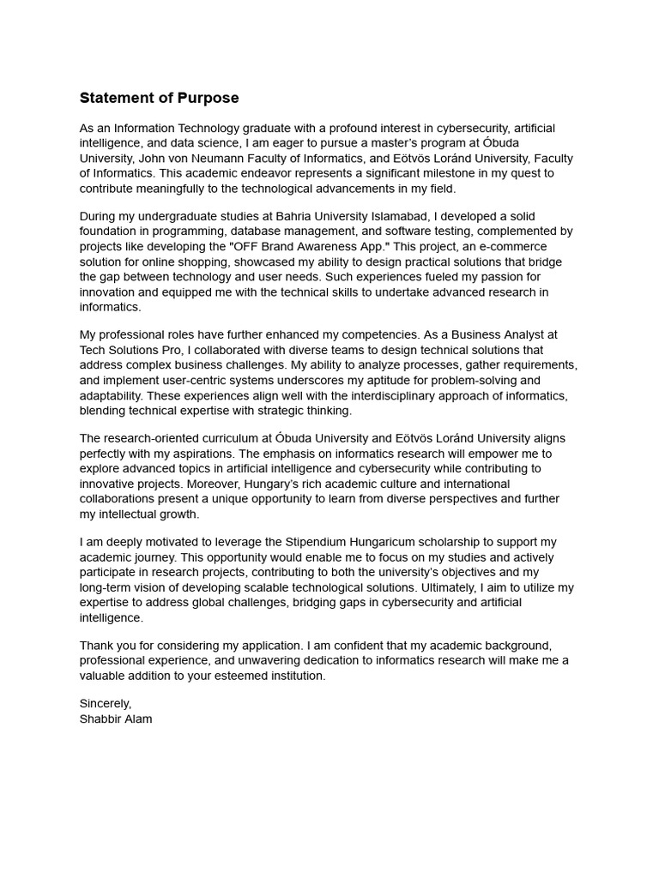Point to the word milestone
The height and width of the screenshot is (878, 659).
(x=432, y=173)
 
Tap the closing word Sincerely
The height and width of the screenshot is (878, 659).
(x=106, y=704)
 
